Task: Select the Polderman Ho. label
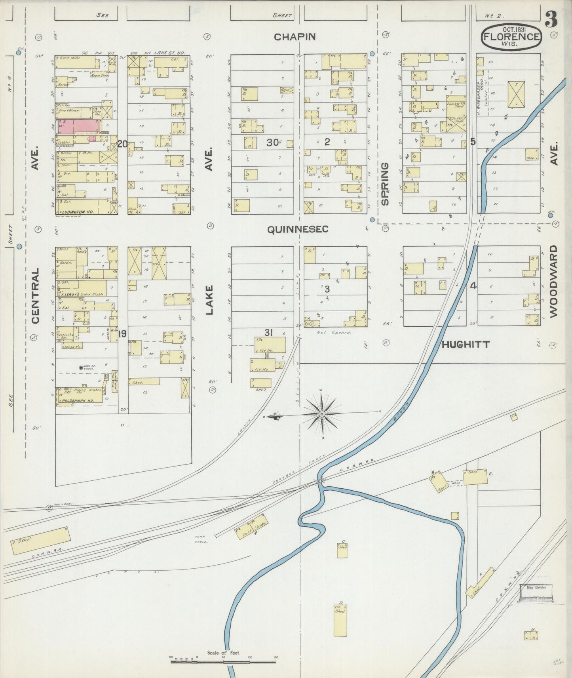(x=77, y=401)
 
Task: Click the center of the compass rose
(x=322, y=414)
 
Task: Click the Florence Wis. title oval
(x=511, y=37)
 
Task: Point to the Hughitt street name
(x=466, y=345)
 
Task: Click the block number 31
(x=269, y=333)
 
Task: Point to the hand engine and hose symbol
(x=82, y=368)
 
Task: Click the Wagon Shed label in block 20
(x=99, y=76)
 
